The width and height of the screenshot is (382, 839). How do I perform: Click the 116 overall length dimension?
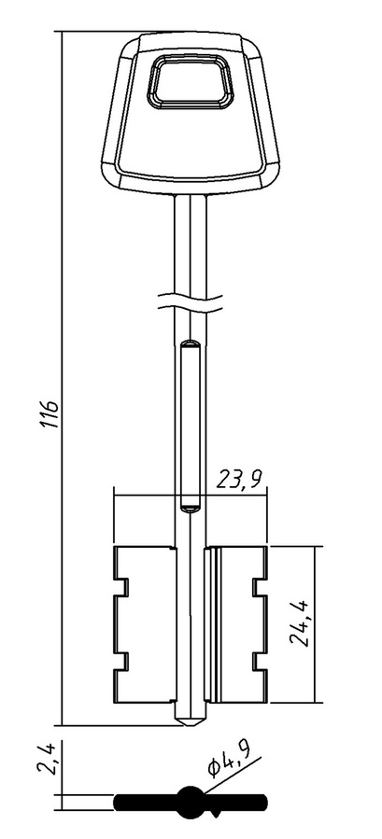tap(50, 413)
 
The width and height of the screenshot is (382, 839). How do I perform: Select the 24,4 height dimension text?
tap(300, 624)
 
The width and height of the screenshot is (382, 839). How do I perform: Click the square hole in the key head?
tap(191, 82)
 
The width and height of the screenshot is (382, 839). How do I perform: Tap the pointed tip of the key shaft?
tap(191, 725)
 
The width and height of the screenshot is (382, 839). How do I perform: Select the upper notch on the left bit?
tap(122, 588)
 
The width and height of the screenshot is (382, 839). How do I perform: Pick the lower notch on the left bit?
tap(122, 662)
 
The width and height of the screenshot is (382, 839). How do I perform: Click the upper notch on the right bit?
tap(260, 588)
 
